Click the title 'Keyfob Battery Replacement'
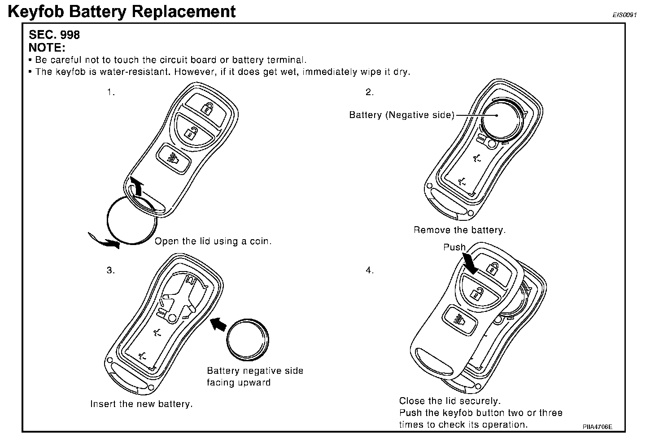(x=122, y=12)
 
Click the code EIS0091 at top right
(x=624, y=15)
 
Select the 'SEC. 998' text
(x=54, y=35)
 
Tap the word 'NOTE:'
(x=47, y=48)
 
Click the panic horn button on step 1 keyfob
(x=173, y=159)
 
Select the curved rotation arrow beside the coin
(x=104, y=241)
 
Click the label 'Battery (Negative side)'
(x=402, y=115)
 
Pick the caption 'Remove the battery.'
(x=459, y=230)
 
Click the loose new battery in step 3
(x=248, y=340)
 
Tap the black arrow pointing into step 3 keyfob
(x=218, y=324)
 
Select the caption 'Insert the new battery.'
(x=141, y=404)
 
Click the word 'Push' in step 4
(x=454, y=247)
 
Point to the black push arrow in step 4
(x=470, y=263)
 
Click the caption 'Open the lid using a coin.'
(x=213, y=241)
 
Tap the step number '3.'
(x=111, y=270)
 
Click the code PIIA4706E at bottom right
(x=597, y=427)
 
